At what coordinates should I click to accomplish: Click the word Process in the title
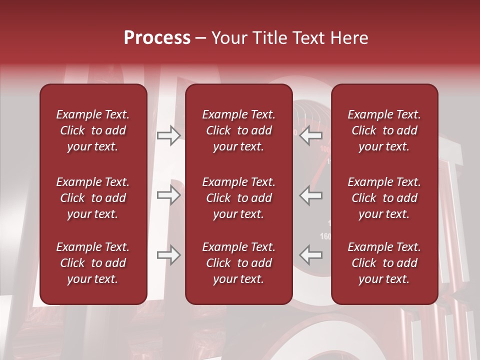(157, 38)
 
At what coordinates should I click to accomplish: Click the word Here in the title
(349, 38)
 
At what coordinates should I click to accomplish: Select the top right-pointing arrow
(168, 135)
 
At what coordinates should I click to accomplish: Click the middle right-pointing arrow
(168, 195)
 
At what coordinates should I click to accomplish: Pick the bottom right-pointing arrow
(168, 255)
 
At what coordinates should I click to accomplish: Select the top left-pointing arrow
(311, 135)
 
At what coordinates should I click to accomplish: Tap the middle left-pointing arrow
(311, 195)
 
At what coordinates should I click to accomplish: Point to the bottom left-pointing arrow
(311, 255)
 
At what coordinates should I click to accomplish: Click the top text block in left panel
(93, 130)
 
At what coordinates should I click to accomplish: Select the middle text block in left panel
(93, 198)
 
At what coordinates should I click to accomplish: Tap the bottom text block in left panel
(93, 263)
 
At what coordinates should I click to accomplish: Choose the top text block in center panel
(239, 130)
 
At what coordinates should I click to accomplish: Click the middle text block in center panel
(239, 198)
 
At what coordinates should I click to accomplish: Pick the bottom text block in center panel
(239, 263)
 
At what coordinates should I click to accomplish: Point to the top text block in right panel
(384, 130)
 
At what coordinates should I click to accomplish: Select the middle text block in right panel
(384, 198)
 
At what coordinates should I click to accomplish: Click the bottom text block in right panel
(384, 263)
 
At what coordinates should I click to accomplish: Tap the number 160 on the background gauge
(325, 236)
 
